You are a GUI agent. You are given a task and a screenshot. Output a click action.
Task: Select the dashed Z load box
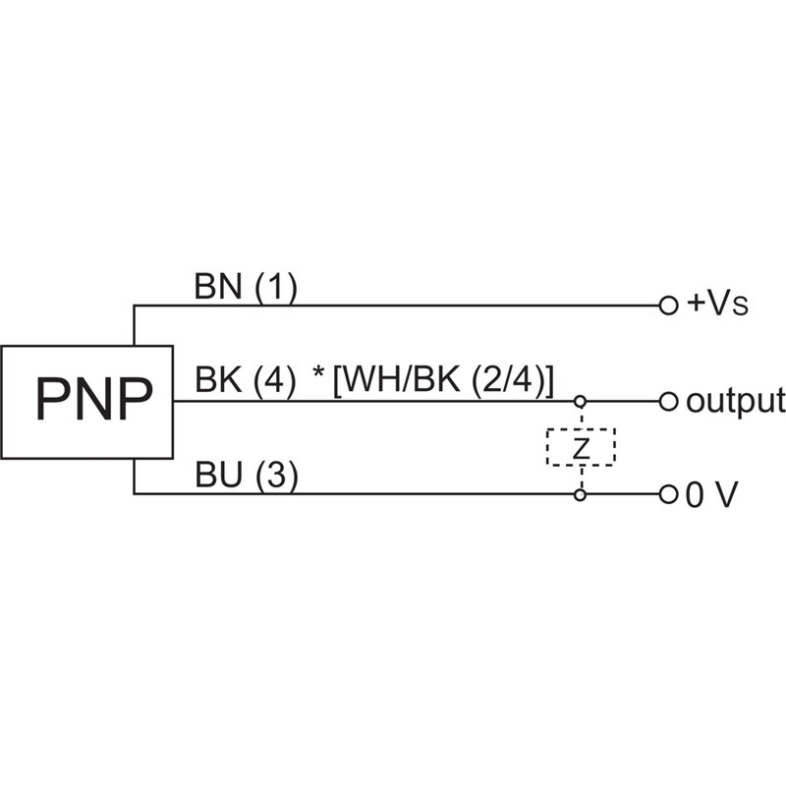(581, 447)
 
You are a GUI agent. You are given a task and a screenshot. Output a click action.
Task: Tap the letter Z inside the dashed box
(581, 448)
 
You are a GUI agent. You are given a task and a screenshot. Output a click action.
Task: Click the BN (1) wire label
(245, 287)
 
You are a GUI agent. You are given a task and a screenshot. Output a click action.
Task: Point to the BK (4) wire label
(245, 381)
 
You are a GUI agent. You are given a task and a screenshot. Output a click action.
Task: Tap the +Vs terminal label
(718, 305)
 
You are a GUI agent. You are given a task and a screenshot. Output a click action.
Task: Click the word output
(736, 401)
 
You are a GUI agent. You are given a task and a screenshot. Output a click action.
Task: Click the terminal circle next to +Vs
(668, 305)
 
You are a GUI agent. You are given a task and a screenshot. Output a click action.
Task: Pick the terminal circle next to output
(668, 401)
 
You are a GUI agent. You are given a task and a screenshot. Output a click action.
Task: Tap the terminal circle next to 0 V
(668, 494)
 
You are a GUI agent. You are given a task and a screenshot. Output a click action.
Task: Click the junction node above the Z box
(581, 401)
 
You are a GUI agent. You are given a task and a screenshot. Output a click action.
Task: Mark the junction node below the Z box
(581, 494)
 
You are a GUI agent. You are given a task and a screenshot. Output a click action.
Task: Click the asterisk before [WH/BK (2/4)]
(318, 377)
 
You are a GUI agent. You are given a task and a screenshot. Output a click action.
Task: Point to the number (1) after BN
(276, 287)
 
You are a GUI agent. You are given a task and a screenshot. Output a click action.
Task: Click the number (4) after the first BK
(275, 381)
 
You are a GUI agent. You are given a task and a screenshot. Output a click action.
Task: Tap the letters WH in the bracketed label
(365, 381)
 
